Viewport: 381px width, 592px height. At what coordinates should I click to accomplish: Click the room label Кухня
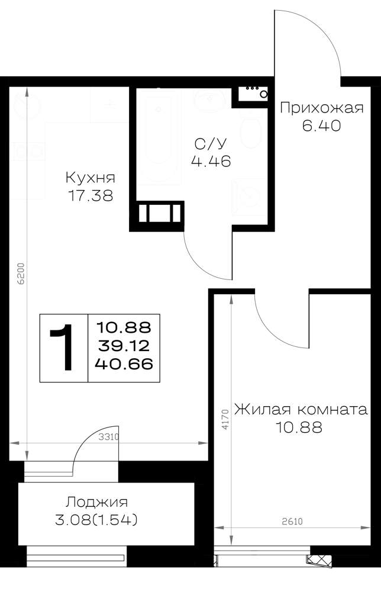pyautogui.click(x=90, y=178)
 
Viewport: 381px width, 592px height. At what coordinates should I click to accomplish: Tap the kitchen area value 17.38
pyautogui.click(x=91, y=195)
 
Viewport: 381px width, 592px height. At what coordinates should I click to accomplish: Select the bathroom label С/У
pyautogui.click(x=211, y=143)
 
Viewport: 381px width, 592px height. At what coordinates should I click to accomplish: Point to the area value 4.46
pyautogui.click(x=211, y=162)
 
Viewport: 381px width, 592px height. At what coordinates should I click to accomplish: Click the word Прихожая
pyautogui.click(x=322, y=108)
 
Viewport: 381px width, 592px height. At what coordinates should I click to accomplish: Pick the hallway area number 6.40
pyautogui.click(x=321, y=126)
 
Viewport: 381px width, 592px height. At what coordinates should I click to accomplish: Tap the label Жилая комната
pyautogui.click(x=301, y=410)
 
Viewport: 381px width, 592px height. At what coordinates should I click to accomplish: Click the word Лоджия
pyautogui.click(x=96, y=502)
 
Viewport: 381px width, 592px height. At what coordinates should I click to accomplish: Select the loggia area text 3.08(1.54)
pyautogui.click(x=96, y=520)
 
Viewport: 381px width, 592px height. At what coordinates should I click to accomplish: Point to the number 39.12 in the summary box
pyautogui.click(x=124, y=346)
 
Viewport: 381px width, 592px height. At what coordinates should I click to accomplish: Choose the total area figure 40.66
pyautogui.click(x=124, y=364)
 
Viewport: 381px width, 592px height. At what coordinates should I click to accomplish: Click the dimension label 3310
pyautogui.click(x=109, y=437)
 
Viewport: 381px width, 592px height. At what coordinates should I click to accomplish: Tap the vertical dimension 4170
pyautogui.click(x=225, y=419)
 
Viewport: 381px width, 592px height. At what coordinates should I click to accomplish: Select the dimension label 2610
pyautogui.click(x=292, y=522)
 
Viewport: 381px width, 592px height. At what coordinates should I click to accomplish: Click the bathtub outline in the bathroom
pyautogui.click(x=159, y=136)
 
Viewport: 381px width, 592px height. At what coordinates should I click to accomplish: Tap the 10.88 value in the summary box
pyautogui.click(x=124, y=327)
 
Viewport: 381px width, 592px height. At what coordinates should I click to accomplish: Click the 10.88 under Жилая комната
pyautogui.click(x=299, y=428)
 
